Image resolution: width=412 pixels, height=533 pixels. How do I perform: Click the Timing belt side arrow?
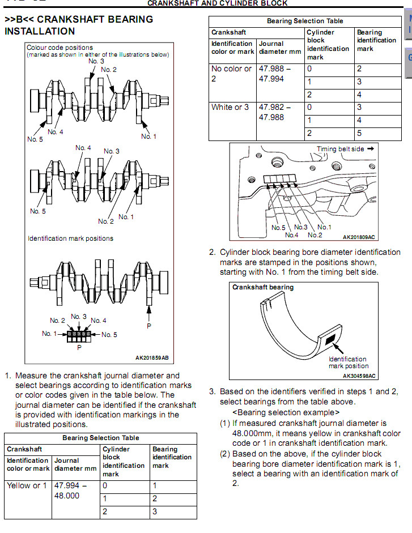tap(370, 149)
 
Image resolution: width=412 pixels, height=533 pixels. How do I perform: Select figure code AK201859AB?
tap(152, 358)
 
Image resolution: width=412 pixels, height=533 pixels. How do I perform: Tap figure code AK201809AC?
tap(359, 238)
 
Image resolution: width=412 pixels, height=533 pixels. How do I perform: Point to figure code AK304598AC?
tap(359, 376)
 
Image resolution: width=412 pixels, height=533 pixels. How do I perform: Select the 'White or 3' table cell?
tap(230, 107)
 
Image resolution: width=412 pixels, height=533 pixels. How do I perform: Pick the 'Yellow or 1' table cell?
tap(27, 485)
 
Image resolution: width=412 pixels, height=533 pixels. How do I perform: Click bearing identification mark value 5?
tap(359, 134)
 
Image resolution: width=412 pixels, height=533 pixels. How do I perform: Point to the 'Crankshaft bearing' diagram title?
tap(263, 287)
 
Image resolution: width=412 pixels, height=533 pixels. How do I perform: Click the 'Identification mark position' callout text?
tap(349, 363)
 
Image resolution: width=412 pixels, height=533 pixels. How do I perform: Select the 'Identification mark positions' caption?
tap(70, 238)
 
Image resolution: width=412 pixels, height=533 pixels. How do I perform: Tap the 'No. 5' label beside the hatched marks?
tap(109, 335)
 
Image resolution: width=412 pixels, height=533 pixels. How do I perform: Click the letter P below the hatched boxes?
tap(79, 348)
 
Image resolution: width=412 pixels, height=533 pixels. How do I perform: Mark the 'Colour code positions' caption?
tap(60, 48)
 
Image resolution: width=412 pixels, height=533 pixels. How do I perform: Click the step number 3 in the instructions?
tap(212, 391)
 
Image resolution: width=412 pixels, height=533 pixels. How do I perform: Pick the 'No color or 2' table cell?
tap(231, 74)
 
